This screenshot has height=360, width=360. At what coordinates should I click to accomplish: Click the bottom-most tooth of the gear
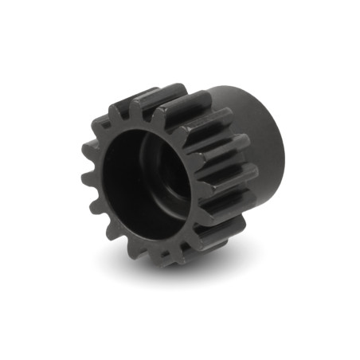tap(171, 253)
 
